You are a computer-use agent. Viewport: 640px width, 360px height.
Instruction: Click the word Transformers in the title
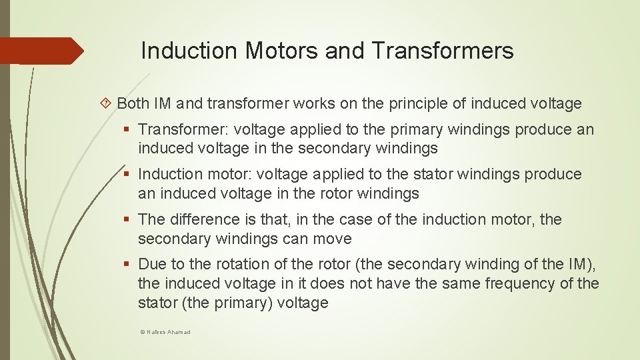[443, 51]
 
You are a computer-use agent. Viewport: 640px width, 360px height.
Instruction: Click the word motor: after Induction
[227, 175]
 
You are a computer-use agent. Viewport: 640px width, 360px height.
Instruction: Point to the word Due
[153, 265]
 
